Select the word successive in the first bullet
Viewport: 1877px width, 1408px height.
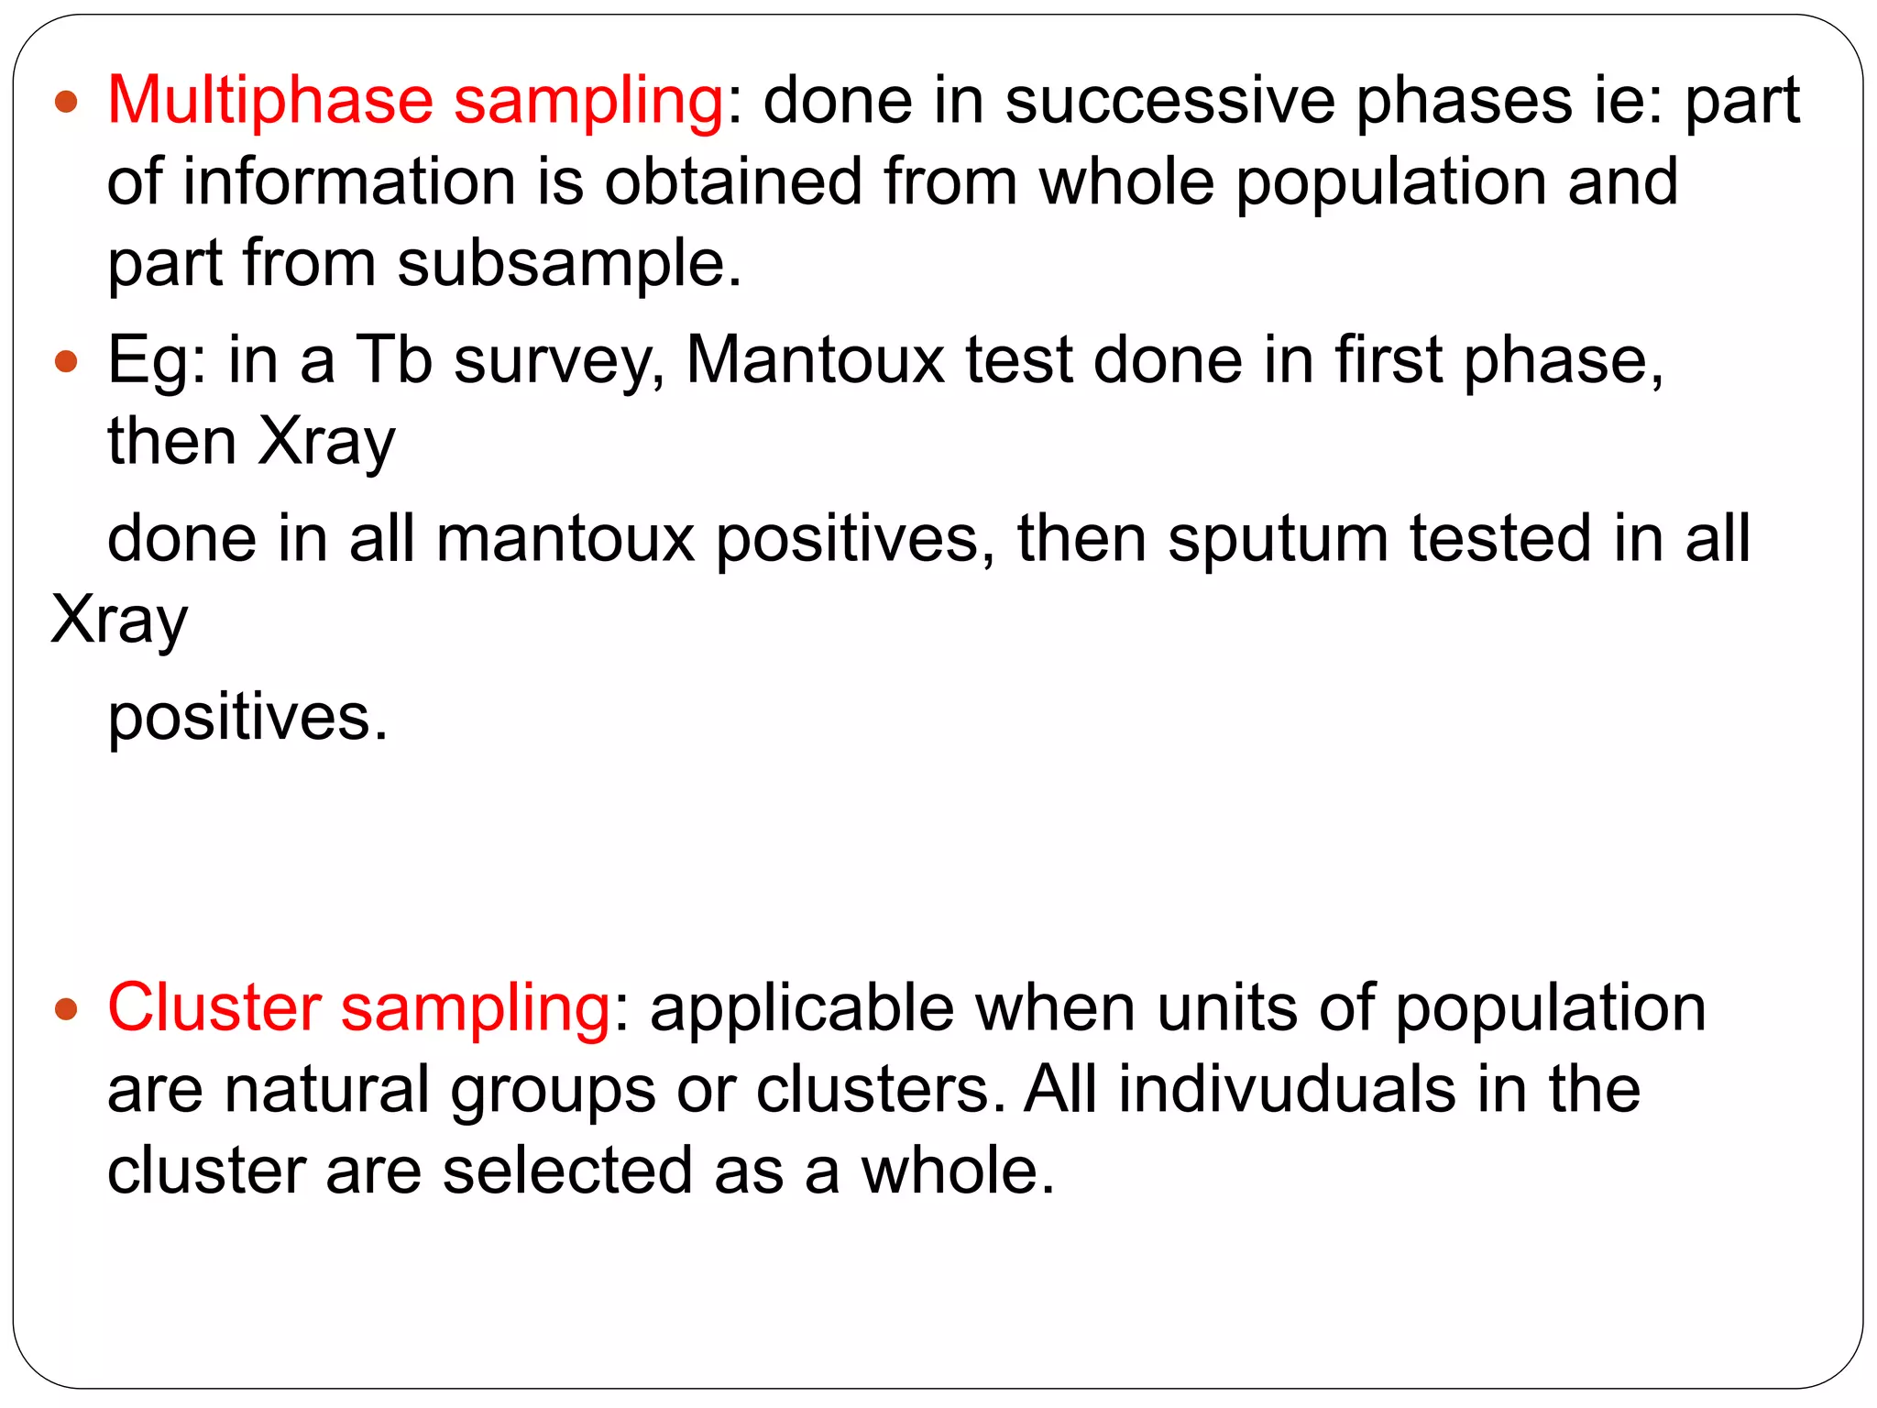point(1169,101)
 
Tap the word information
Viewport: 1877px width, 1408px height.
point(349,181)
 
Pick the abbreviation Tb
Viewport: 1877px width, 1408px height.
point(393,359)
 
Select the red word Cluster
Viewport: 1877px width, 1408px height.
point(214,1008)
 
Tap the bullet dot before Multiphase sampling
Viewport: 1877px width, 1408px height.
point(66,101)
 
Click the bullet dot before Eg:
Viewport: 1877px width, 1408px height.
point(66,361)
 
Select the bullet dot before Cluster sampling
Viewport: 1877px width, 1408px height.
point(66,1010)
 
